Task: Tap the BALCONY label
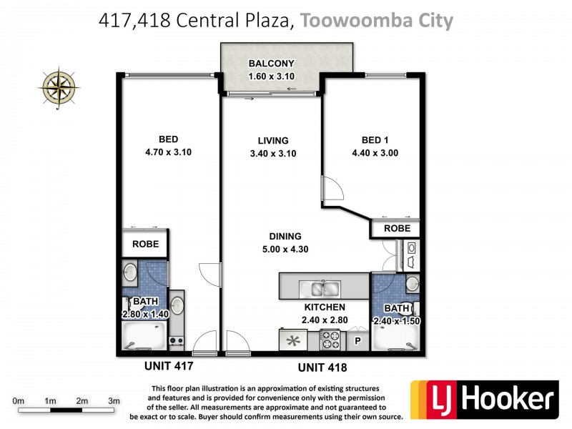271,63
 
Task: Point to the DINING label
285,236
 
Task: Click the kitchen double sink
320,289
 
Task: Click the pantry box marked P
358,342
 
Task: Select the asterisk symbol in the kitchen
292,340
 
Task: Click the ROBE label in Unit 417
145,244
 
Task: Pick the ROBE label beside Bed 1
397,229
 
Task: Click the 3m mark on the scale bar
113,401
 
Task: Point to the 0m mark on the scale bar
19,401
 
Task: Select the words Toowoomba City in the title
376,21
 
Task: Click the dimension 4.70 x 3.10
169,152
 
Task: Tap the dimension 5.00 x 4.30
285,249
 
